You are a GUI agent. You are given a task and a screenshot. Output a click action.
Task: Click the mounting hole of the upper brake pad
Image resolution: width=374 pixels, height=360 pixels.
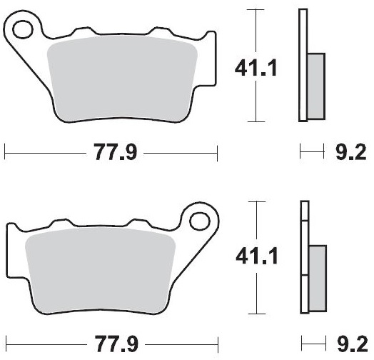pos(22,29)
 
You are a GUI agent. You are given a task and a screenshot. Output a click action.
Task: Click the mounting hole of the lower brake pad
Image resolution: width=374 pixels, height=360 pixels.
pos(200,221)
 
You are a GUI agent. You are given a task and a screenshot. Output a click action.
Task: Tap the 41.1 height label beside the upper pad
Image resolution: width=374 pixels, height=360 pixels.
pos(256,68)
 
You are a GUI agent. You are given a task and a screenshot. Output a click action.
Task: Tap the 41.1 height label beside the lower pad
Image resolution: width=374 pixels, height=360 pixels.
pos(257,256)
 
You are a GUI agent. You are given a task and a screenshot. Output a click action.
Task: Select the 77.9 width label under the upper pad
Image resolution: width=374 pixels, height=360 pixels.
pos(116,152)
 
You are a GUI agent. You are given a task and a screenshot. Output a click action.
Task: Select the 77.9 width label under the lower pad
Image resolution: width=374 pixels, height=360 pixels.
pos(116,344)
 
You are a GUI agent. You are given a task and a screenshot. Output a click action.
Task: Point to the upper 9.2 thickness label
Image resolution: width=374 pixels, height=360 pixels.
pos(351,152)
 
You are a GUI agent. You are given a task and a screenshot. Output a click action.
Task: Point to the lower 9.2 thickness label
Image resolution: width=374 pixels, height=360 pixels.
pos(353,344)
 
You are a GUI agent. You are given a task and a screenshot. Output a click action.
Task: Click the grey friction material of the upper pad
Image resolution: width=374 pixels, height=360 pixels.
pos(122,79)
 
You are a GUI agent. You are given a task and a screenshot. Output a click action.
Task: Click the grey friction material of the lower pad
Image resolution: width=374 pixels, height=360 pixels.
pos(100,270)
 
